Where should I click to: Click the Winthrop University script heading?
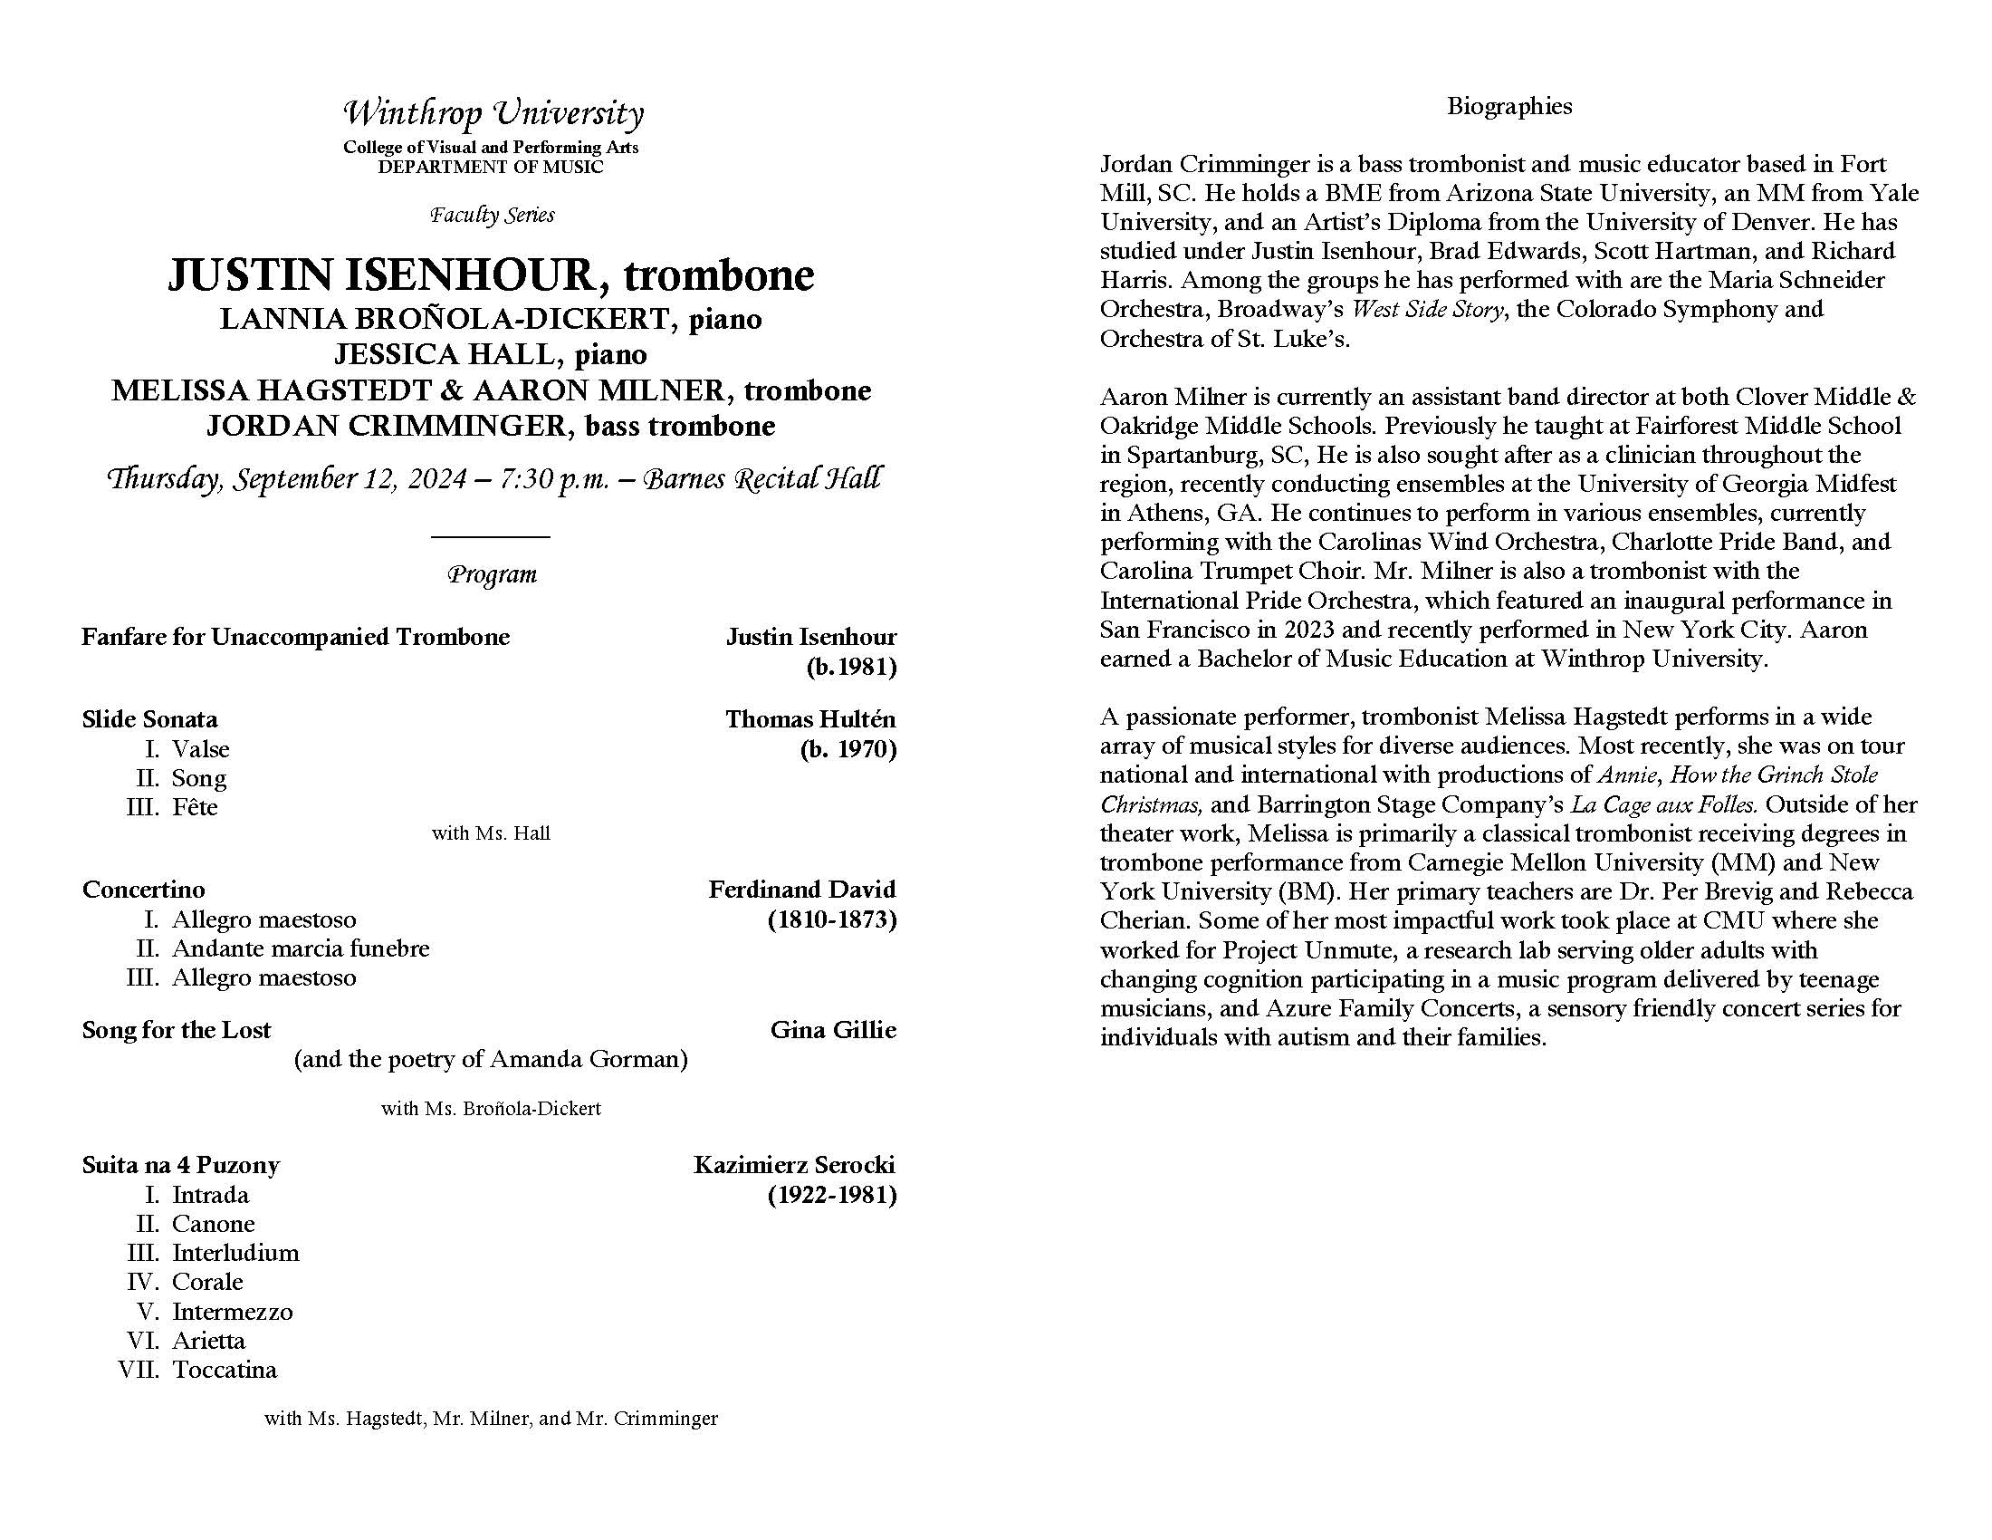(493, 114)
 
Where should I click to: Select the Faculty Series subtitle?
(493, 216)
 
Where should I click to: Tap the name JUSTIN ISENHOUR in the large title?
(381, 275)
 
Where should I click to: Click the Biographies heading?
(1509, 107)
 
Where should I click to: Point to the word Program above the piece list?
(493, 574)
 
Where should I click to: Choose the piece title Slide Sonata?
(149, 719)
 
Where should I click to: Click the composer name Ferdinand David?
(801, 890)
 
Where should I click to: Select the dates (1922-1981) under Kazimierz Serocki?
(832, 1194)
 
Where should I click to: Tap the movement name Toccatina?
(225, 1370)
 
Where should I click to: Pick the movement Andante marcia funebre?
(300, 948)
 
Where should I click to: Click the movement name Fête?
(195, 807)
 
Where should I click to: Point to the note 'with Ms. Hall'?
(491, 833)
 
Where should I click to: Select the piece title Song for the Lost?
(176, 1030)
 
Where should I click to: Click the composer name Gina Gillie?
(833, 1030)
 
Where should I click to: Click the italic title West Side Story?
(1426, 309)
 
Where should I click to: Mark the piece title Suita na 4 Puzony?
(180, 1165)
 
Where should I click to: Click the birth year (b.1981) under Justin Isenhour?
(851, 667)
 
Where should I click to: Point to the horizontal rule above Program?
(491, 536)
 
